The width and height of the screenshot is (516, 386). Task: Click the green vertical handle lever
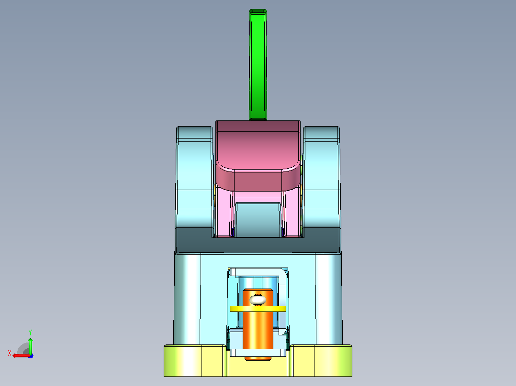(258, 64)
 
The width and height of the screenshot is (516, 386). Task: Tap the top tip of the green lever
(258, 10)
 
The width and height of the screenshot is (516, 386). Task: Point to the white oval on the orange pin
(258, 300)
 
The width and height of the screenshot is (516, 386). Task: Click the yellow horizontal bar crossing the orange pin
(258, 309)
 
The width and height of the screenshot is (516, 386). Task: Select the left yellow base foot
(195, 360)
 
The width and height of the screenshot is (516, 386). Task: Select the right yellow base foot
(321, 360)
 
